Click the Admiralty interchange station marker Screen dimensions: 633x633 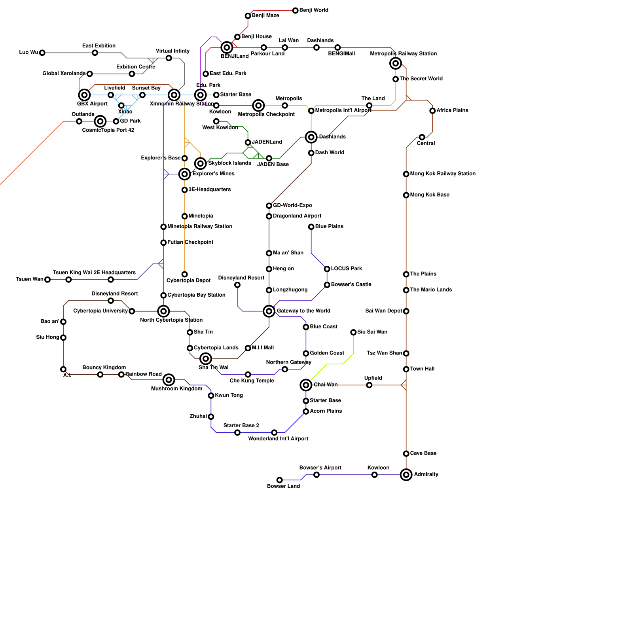(x=406, y=474)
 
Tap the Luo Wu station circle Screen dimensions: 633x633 (x=42, y=53)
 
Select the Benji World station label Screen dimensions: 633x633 (x=314, y=10)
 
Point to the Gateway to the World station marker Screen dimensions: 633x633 (x=269, y=311)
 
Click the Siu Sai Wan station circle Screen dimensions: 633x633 (x=353, y=332)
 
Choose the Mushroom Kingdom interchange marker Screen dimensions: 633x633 (x=169, y=380)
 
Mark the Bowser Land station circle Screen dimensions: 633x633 (x=280, y=480)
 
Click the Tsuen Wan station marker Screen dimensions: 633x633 (x=47, y=280)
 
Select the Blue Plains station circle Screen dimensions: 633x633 (x=311, y=227)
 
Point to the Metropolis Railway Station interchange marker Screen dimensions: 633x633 (x=396, y=63)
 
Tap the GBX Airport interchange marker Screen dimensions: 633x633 (x=84, y=95)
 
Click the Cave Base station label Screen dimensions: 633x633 (x=423, y=453)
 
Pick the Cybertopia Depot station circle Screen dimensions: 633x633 (x=185, y=274)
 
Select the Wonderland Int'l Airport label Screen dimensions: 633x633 (x=278, y=439)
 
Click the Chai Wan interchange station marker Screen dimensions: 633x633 (x=306, y=385)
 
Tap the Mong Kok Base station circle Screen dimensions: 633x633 (x=406, y=195)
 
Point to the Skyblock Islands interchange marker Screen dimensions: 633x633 (x=201, y=163)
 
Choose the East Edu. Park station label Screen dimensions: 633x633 (x=228, y=74)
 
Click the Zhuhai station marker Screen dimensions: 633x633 (x=211, y=417)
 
